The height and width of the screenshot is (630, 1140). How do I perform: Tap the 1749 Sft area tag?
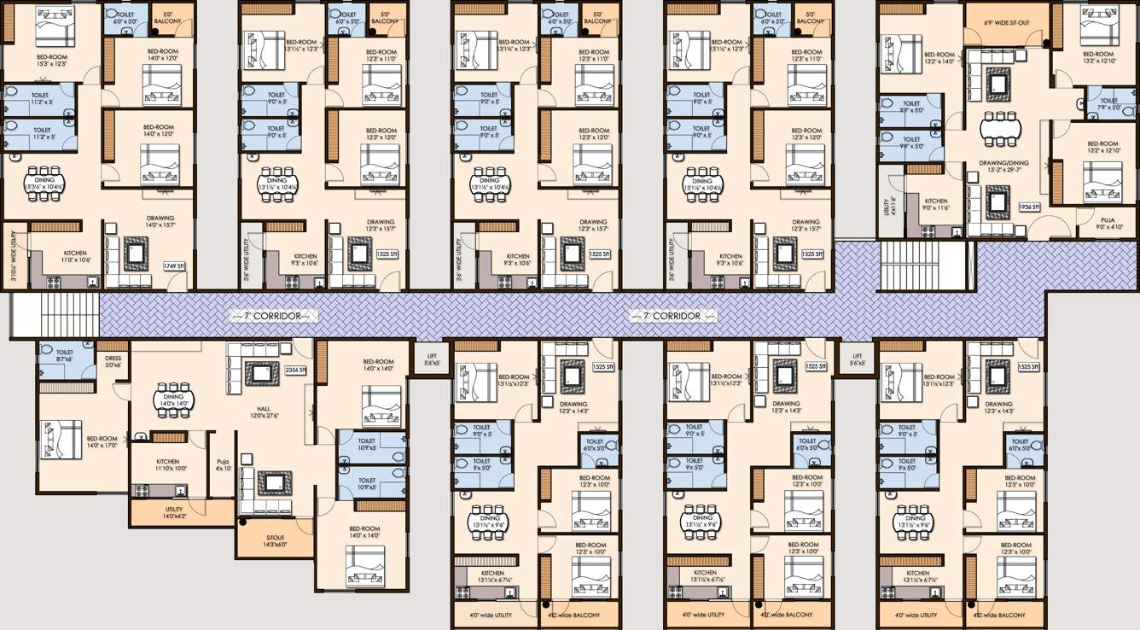tap(174, 265)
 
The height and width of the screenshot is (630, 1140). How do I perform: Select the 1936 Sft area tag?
tap(1030, 207)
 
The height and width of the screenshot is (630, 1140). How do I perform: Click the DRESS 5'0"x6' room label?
tap(113, 362)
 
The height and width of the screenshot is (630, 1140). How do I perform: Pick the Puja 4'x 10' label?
tap(224, 464)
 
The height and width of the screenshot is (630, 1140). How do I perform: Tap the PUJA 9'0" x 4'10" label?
tap(1093, 223)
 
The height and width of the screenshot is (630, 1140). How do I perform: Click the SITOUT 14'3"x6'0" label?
tap(263, 540)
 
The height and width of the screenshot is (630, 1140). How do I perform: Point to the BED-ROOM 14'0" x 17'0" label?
tap(102, 441)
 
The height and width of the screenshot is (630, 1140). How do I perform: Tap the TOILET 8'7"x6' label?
tap(65, 355)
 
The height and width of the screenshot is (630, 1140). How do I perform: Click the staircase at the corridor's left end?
tap(55, 314)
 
